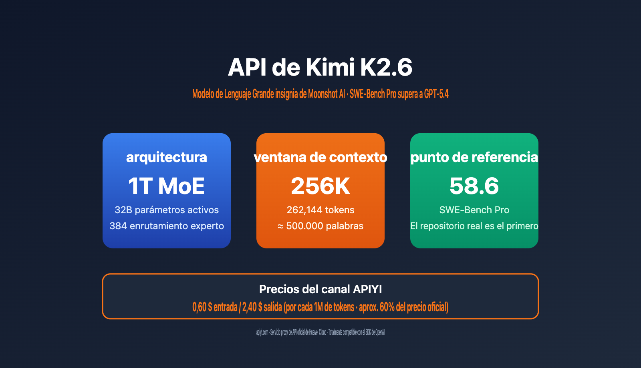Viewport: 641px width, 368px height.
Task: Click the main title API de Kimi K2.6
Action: coord(320,67)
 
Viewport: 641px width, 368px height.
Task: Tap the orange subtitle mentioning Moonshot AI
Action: coord(320,94)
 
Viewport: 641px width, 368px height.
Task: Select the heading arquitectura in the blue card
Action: coord(166,157)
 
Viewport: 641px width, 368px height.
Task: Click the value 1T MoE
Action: coord(166,186)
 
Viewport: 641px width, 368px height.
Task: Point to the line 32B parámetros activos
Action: coord(166,210)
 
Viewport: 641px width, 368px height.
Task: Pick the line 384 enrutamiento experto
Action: coord(166,226)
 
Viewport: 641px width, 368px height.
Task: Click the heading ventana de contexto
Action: coord(320,157)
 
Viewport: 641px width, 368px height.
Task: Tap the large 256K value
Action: coord(320,186)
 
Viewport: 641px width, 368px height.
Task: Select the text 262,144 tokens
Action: coord(320,210)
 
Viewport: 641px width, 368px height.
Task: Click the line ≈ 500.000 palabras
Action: coord(320,226)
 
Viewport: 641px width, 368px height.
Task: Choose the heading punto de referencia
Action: coord(474,157)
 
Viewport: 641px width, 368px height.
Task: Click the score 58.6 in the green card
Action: coord(474,186)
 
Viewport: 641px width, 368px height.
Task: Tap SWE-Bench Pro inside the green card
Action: coord(474,210)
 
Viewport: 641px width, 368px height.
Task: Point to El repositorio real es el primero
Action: coord(474,226)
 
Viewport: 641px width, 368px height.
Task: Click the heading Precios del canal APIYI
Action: coord(320,289)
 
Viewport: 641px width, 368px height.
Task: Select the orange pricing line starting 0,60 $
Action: coord(320,307)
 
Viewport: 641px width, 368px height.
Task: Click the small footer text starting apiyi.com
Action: coord(320,332)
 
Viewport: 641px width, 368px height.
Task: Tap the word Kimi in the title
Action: coord(331,67)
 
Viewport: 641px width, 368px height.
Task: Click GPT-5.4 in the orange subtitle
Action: coord(436,94)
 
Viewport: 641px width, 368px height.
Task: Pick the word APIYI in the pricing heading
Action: coord(367,289)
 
